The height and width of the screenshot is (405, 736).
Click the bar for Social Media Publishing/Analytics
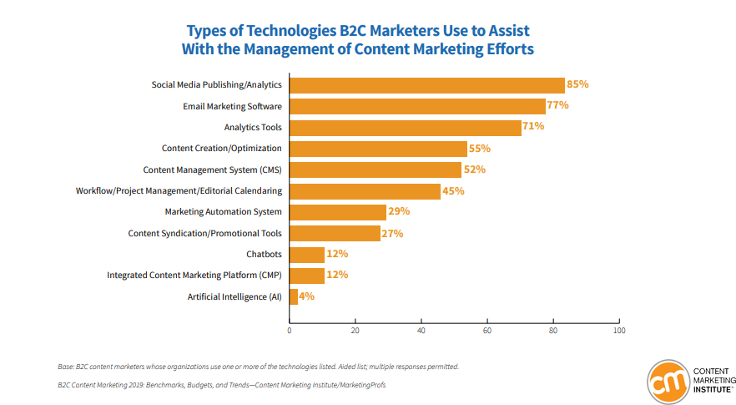427,85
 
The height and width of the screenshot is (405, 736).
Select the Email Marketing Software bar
417,106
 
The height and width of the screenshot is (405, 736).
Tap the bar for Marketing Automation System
338,212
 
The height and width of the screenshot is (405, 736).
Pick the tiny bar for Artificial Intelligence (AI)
294,296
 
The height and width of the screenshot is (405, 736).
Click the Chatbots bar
307,255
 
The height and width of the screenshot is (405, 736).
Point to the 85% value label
577,84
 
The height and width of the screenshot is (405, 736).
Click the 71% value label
533,127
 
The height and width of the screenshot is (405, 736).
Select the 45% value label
453,191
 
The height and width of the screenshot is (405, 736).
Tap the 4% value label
306,296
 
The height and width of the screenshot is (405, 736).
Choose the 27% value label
392,234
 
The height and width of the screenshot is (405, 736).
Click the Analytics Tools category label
253,128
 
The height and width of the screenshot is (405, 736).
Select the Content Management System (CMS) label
212,170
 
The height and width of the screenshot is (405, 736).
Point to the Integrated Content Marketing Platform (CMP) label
194,276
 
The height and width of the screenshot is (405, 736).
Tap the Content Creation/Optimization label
221,149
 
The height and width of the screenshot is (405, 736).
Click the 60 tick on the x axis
487,331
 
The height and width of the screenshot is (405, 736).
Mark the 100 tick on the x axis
618,331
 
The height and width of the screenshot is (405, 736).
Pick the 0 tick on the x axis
290,331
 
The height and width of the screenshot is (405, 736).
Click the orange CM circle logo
667,378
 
